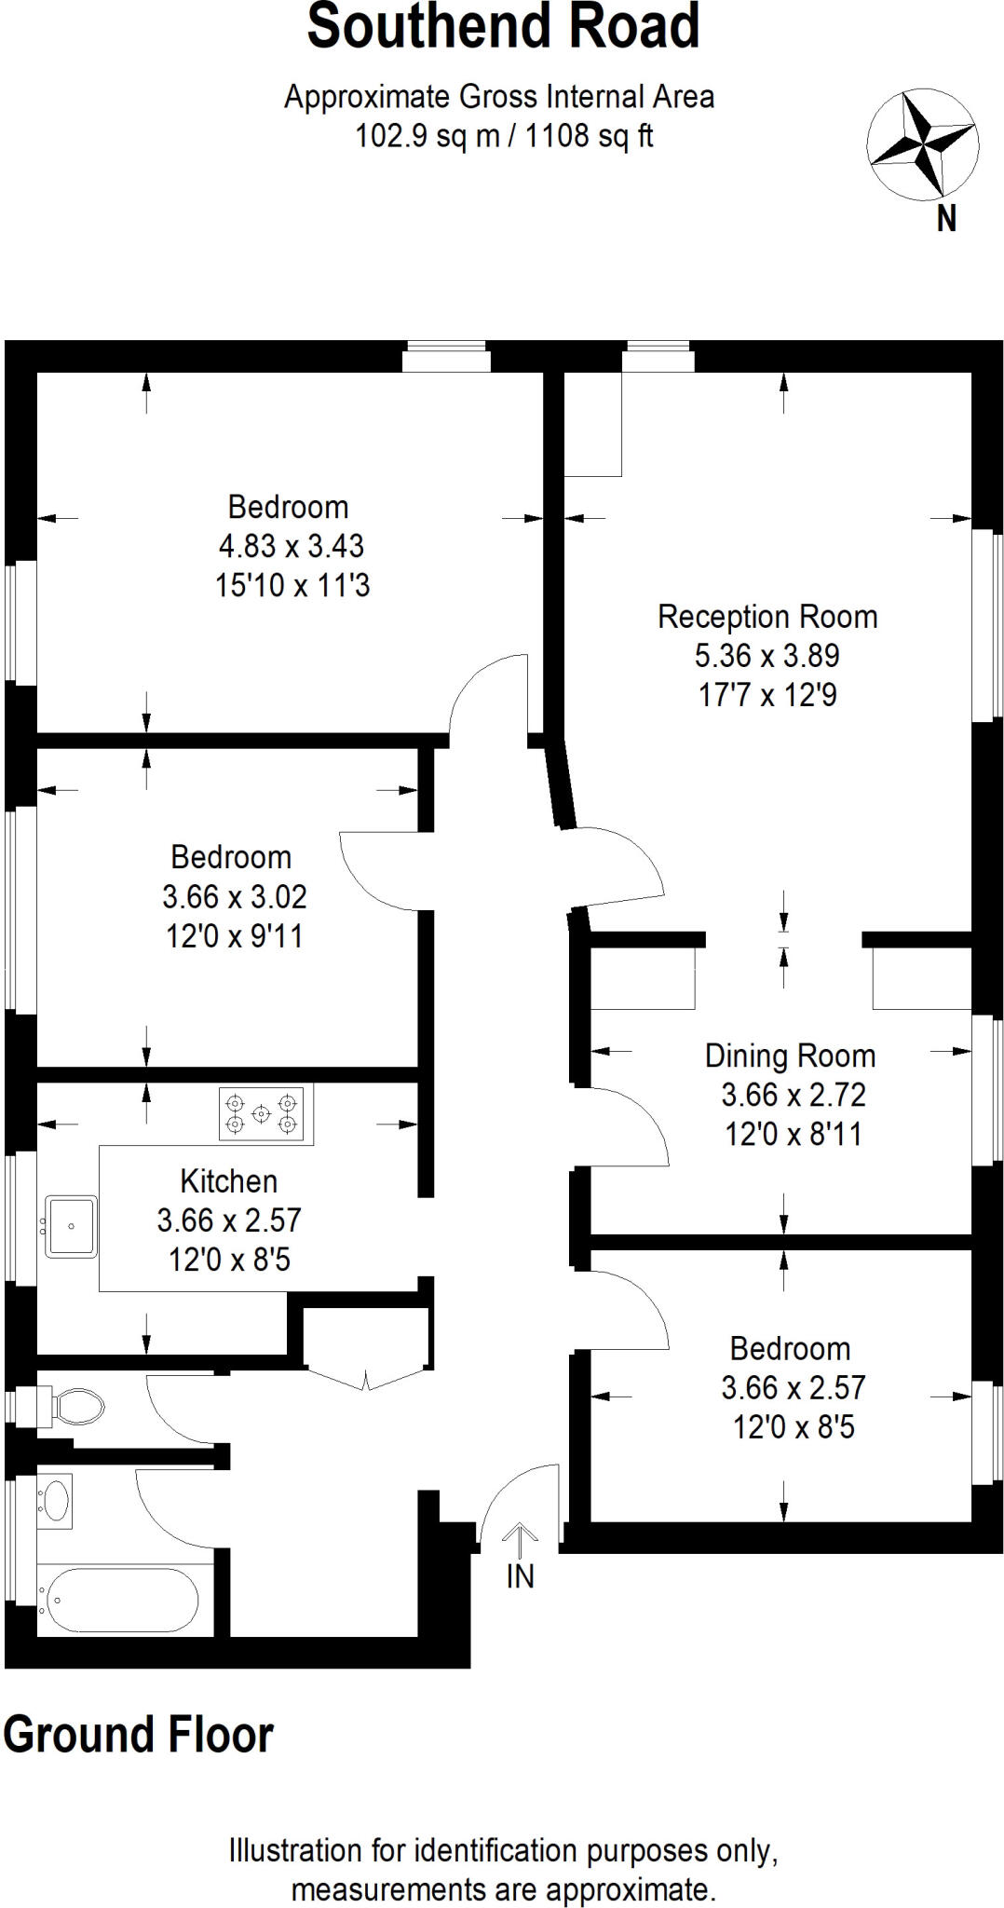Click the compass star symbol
tap(922, 144)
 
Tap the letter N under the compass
tap(945, 220)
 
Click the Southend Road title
tap(503, 28)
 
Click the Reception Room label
tap(767, 617)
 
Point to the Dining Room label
tap(790, 1056)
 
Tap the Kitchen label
tap(229, 1181)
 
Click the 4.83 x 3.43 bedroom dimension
tap(292, 546)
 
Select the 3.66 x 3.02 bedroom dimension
tap(234, 897)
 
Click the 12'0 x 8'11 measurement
tap(793, 1134)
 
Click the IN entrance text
tap(520, 1576)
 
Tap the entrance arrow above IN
tap(520, 1540)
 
